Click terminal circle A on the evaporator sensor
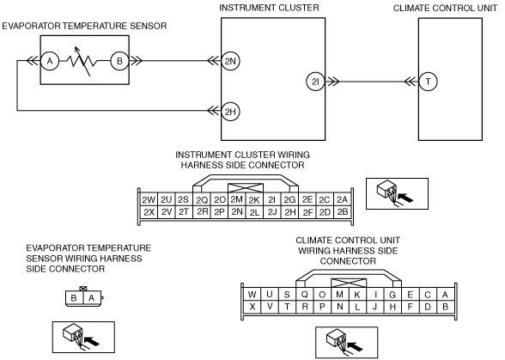click(50, 61)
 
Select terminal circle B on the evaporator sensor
click(120, 61)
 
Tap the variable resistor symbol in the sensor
click(82, 61)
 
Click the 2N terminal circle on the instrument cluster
click(230, 61)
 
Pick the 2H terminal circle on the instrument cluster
click(230, 112)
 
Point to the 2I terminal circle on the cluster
click(316, 82)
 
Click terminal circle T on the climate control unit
click(428, 82)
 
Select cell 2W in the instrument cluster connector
click(149, 200)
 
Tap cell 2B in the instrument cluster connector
click(342, 212)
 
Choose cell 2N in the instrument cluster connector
click(237, 211)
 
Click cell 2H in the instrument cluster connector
click(290, 212)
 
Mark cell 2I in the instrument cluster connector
click(271, 200)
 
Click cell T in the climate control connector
click(287, 307)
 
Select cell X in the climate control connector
click(252, 307)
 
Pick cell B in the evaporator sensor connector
click(74, 298)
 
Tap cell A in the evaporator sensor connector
click(92, 298)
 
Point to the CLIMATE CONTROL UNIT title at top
click(445, 8)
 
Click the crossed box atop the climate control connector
click(349, 284)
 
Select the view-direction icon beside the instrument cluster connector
click(397, 193)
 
